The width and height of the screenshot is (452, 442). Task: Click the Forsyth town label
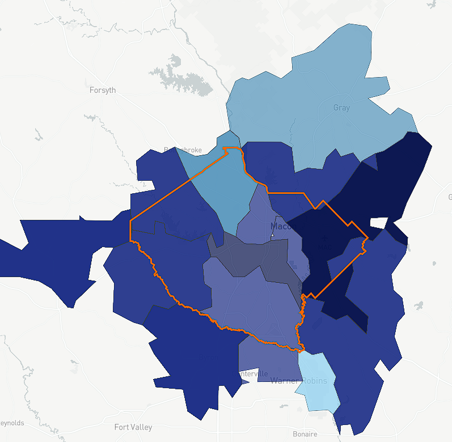pyautogui.click(x=103, y=90)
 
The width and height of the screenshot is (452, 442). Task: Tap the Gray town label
pyautogui.click(x=341, y=108)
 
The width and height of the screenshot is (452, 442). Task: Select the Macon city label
pyautogui.click(x=283, y=227)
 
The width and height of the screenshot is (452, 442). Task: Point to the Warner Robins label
pyautogui.click(x=299, y=380)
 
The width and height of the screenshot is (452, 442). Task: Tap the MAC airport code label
pyautogui.click(x=325, y=248)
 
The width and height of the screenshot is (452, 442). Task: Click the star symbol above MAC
pyautogui.click(x=324, y=239)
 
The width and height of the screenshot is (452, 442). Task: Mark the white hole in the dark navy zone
pyautogui.click(x=379, y=223)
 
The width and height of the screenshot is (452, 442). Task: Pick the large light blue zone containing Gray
pyautogui.click(x=318, y=113)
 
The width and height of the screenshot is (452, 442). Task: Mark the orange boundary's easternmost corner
pyautogui.click(x=368, y=238)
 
